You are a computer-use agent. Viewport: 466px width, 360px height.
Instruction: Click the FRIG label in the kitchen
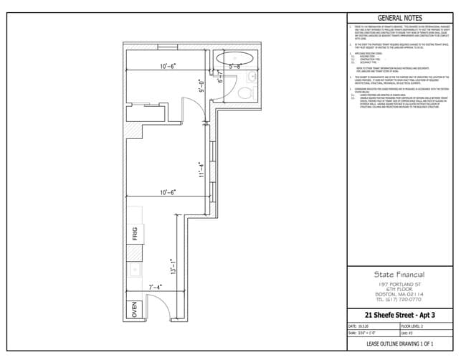pos(134,234)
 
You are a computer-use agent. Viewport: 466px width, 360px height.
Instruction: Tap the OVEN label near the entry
pos(134,309)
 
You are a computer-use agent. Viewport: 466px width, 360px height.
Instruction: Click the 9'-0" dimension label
pos(202,87)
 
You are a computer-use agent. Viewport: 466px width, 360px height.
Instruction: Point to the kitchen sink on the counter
pos(134,270)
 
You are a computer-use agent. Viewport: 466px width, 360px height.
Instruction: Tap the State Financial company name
pos(399,274)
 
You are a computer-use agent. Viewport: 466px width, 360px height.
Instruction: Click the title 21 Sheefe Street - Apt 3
pos(399,314)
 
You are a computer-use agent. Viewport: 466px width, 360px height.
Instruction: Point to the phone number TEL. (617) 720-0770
pos(399,299)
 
